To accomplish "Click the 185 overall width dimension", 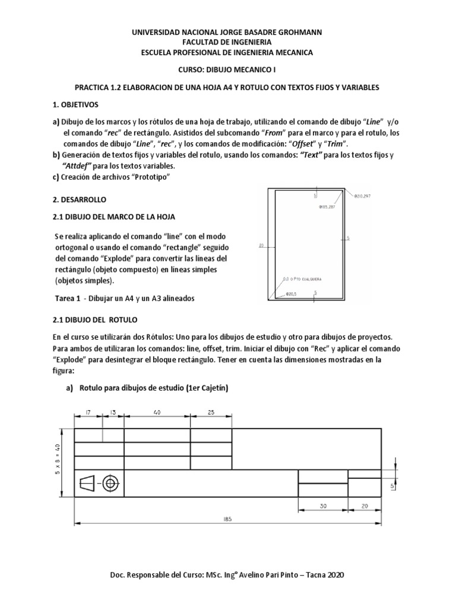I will point(229,519).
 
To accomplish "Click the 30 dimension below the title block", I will point(322,506).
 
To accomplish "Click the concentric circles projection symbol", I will point(110,484).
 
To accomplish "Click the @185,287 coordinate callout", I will point(330,207).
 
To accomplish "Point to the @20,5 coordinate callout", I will point(291,293).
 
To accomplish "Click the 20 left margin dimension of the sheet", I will point(261,244).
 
